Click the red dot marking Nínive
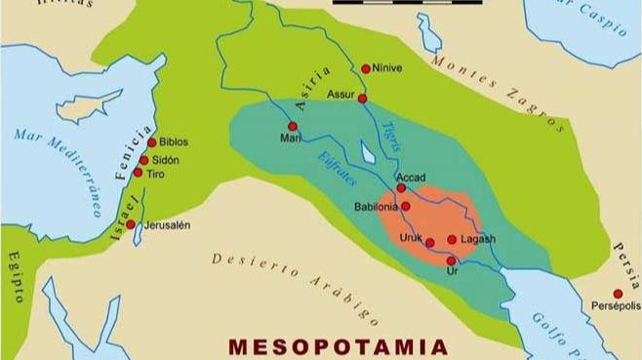tap(366, 68)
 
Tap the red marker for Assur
tap(362, 99)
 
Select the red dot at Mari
tap(292, 126)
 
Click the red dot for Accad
tap(400, 188)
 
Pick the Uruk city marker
tap(429, 242)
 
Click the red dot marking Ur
tap(450, 260)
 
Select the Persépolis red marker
tap(618, 294)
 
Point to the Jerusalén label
tap(167, 224)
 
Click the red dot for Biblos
tap(151, 142)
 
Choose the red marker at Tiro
tap(138, 173)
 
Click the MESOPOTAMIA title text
tap(338, 346)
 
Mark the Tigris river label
tap(382, 140)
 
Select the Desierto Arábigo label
tap(294, 284)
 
